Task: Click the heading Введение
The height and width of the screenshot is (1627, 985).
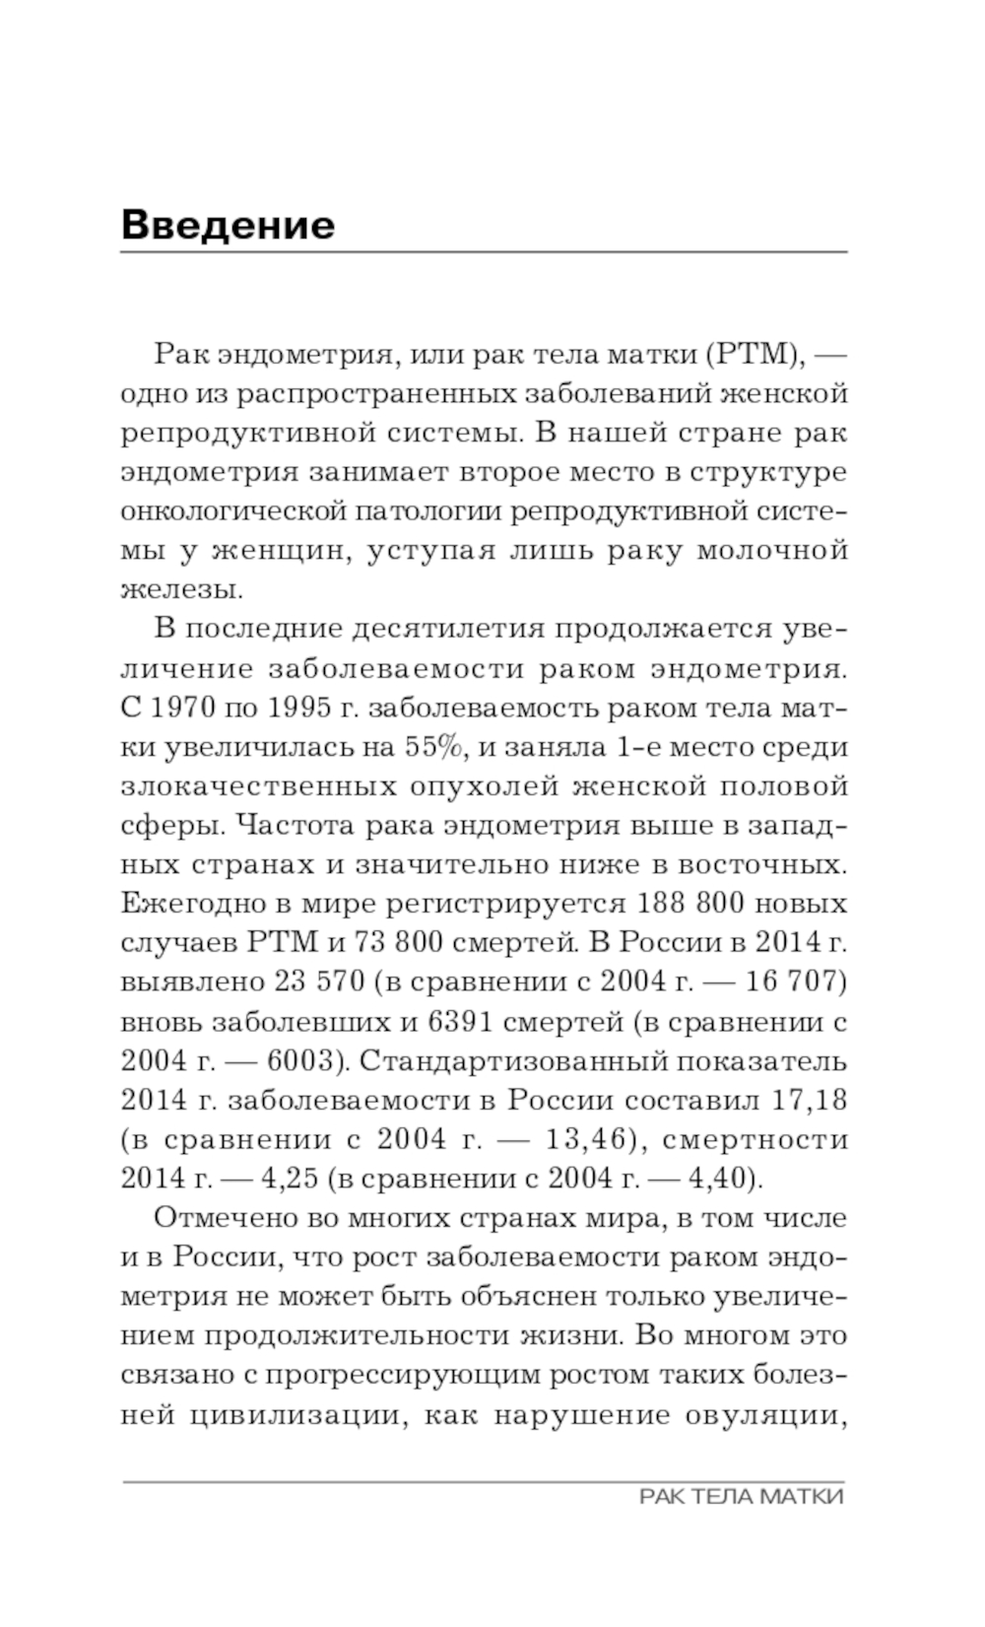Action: click(x=228, y=225)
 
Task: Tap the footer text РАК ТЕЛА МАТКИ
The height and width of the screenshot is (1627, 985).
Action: click(x=741, y=1497)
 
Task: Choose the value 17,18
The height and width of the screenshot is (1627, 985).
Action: click(x=806, y=1100)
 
